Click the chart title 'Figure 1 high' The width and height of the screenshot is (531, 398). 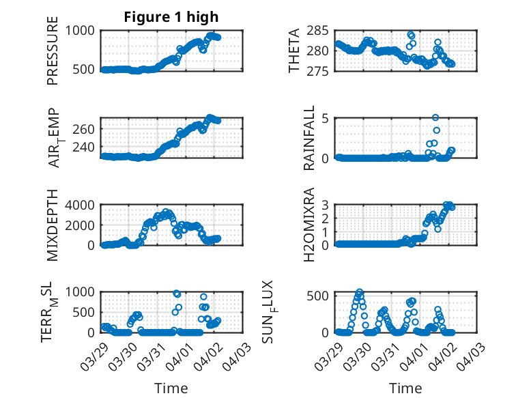(171, 16)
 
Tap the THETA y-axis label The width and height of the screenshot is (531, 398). (294, 51)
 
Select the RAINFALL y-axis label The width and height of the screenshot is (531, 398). (308, 138)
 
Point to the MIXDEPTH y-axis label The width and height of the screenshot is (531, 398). (53, 225)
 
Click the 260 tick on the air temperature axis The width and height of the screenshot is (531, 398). (87, 128)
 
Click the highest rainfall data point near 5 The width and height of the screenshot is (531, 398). (435, 117)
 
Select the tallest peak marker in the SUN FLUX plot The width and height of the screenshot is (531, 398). (360, 292)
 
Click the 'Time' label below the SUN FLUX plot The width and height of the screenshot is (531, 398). (405, 388)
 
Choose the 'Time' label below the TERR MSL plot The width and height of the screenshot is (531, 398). (171, 388)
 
